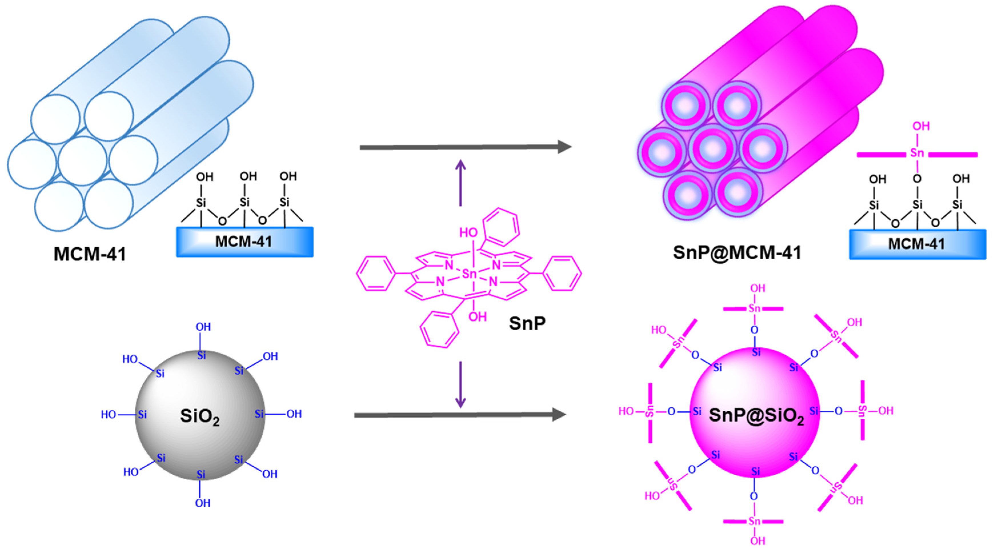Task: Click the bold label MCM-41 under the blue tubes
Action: click(x=90, y=254)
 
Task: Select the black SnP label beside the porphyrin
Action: click(x=527, y=323)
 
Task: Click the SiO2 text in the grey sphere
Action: click(x=200, y=416)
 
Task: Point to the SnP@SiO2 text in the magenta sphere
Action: click(x=756, y=415)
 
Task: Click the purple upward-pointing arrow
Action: click(x=460, y=182)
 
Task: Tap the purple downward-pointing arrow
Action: click(x=460, y=386)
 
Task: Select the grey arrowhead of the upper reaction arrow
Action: click(x=565, y=147)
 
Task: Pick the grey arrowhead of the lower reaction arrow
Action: click(x=559, y=414)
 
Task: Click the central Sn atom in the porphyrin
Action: click(x=470, y=274)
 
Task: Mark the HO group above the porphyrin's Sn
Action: click(x=468, y=233)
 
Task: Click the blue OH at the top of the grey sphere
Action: click(x=203, y=327)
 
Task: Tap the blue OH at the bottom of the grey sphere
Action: click(x=202, y=503)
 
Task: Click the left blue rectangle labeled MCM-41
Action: click(x=244, y=242)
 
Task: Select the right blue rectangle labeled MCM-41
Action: click(x=917, y=244)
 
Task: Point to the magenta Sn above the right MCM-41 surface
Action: click(x=917, y=153)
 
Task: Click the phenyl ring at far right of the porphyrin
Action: click(x=562, y=274)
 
